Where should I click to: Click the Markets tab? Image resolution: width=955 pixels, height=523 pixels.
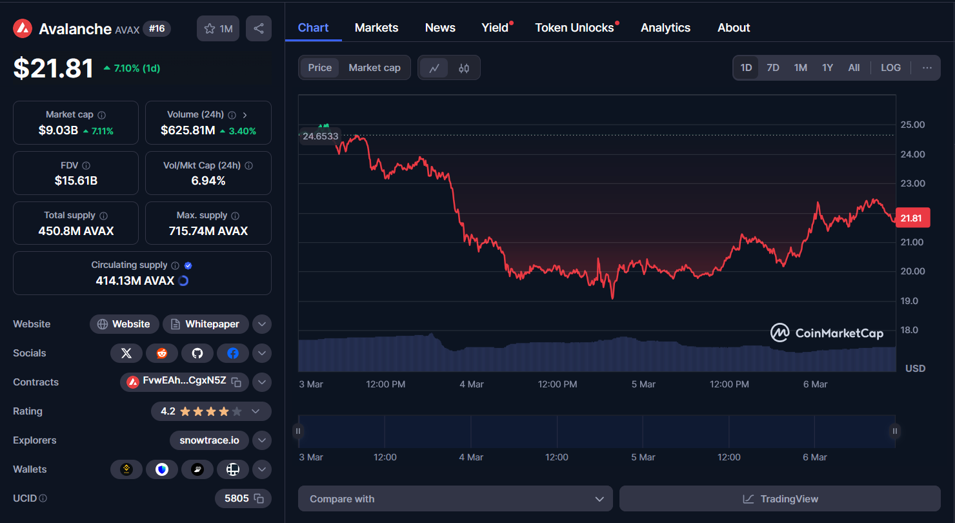pyautogui.click(x=376, y=28)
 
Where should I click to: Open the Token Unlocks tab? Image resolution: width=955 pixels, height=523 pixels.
pyautogui.click(x=574, y=28)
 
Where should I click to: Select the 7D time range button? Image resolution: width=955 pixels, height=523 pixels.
pyautogui.click(x=772, y=68)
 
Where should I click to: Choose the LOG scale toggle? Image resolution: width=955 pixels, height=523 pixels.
pyautogui.click(x=890, y=68)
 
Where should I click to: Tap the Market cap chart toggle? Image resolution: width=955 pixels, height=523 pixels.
pyautogui.click(x=374, y=68)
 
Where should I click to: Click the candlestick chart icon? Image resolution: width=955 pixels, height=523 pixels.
pyautogui.click(x=464, y=68)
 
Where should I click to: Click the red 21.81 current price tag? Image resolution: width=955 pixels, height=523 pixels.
pyautogui.click(x=911, y=218)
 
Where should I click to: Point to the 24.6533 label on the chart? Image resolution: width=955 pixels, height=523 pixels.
pyautogui.click(x=320, y=136)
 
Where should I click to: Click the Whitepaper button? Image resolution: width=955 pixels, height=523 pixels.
pyautogui.click(x=205, y=324)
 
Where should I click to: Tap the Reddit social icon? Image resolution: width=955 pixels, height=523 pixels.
pyautogui.click(x=162, y=353)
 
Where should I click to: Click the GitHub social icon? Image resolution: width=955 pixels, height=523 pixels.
pyautogui.click(x=197, y=353)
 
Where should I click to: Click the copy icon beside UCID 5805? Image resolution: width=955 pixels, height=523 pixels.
pyautogui.click(x=259, y=498)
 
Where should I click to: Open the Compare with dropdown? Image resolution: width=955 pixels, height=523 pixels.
pyautogui.click(x=455, y=499)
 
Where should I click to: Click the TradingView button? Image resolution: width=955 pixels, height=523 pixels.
pyautogui.click(x=779, y=499)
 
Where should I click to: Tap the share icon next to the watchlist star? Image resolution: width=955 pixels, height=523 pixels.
pyautogui.click(x=259, y=28)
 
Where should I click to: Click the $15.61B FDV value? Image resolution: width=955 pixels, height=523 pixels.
pyautogui.click(x=76, y=181)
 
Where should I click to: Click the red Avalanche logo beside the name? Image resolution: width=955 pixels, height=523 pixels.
pyautogui.click(x=23, y=28)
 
